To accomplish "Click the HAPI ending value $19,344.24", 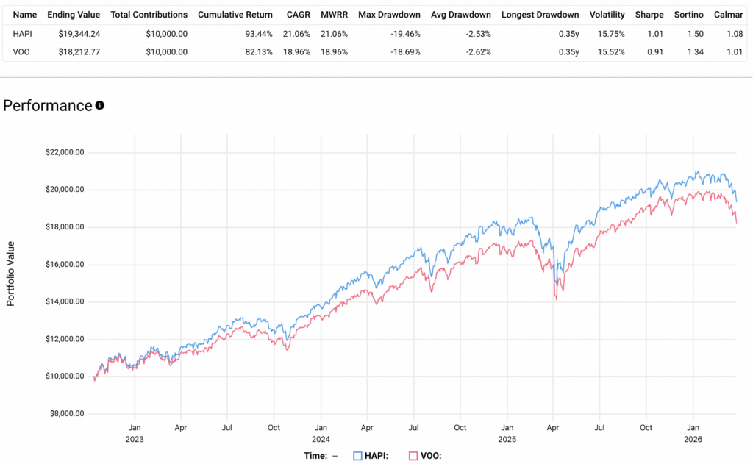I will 73,33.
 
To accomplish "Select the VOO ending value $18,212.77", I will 73,51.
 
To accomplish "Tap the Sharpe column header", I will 649,15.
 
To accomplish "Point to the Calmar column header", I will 727,15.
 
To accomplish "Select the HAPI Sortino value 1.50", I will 691,33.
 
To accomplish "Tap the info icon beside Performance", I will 100,105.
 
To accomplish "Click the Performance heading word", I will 48,105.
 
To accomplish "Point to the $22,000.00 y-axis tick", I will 65,152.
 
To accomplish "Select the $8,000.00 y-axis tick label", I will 67,413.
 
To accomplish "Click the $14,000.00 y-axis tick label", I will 65,301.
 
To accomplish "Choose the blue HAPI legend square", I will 358,455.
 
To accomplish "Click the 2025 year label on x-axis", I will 507,439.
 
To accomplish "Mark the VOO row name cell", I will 21,51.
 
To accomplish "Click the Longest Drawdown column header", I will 540,15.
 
